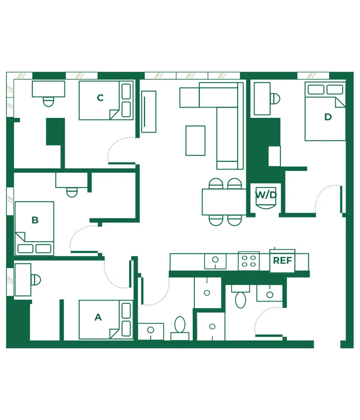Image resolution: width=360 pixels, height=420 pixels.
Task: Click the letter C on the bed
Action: tap(100, 98)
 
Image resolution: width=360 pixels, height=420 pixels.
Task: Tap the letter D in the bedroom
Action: tap(328, 117)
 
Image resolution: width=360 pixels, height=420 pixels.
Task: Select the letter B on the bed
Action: tap(35, 220)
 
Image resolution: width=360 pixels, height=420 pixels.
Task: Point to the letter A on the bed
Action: tap(98, 317)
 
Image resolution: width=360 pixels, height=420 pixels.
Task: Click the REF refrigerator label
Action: tap(282, 261)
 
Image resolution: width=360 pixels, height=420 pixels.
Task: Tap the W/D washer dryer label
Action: tap(266, 195)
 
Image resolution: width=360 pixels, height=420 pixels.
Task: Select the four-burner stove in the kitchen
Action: tap(249, 261)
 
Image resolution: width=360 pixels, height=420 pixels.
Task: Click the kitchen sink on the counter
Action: tap(215, 261)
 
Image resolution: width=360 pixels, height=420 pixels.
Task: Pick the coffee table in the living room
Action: tap(196, 141)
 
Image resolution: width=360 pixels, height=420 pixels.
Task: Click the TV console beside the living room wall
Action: tap(149, 111)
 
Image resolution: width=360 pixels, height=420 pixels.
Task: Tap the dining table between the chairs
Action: tap(224, 202)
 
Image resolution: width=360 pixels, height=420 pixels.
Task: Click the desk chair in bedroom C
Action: tap(48, 102)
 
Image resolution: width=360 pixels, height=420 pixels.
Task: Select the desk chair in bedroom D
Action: tap(275, 99)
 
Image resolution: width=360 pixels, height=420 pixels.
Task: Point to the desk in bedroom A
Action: tap(23, 280)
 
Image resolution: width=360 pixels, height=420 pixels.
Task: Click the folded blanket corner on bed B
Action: tap(20, 237)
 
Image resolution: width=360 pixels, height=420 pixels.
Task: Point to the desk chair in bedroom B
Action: tap(72, 192)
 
